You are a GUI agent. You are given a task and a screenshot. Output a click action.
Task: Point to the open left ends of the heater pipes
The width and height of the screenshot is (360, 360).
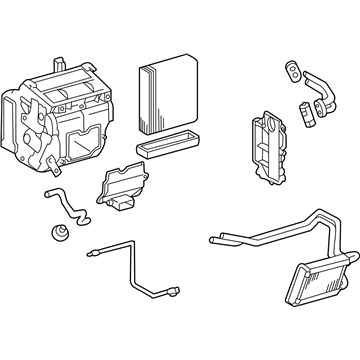(211, 240)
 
